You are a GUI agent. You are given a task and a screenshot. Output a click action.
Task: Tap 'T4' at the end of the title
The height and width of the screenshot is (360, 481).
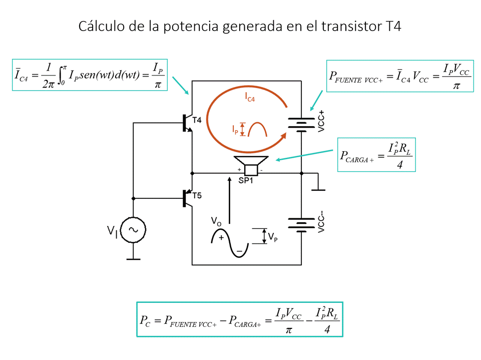click(x=393, y=26)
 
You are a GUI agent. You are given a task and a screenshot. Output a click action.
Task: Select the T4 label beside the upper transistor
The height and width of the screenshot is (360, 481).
click(x=197, y=121)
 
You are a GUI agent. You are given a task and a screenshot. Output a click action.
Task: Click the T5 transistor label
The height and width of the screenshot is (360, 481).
click(x=197, y=195)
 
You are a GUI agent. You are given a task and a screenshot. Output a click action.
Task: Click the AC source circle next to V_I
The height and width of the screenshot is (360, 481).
click(x=133, y=230)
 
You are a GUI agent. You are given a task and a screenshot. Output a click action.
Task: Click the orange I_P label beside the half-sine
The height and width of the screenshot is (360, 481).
click(x=235, y=129)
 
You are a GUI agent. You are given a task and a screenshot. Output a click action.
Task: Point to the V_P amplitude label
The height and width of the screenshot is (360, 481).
click(x=273, y=237)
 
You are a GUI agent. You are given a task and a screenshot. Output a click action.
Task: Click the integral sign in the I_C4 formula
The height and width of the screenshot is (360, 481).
click(x=63, y=76)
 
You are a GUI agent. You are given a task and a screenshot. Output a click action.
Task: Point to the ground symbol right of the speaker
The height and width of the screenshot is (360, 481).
click(x=318, y=189)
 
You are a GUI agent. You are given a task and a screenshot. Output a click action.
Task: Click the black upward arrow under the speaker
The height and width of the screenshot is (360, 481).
click(x=229, y=200)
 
